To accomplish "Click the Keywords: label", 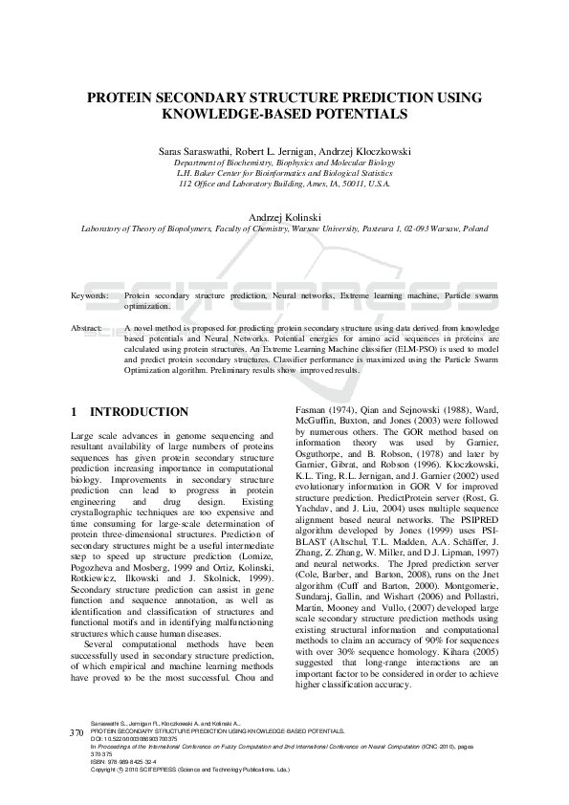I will coord(90,297).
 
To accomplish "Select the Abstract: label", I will coord(88,328).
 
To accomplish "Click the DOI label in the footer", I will coord(96,766).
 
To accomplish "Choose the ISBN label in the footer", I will coord(98,789).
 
